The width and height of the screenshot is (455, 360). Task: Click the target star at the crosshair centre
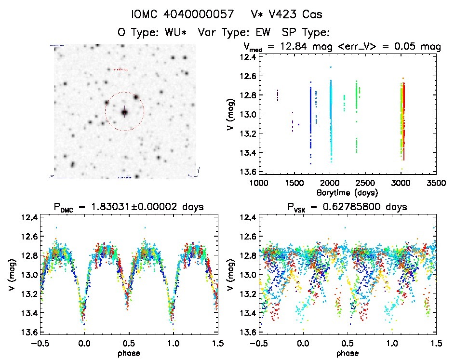click(x=124, y=112)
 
